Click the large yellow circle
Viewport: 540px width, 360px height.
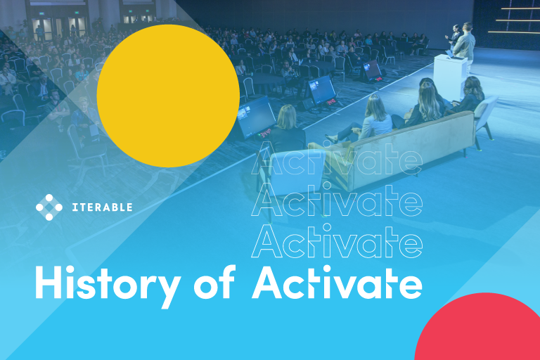click(x=168, y=96)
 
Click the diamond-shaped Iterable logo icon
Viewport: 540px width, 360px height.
click(x=49, y=207)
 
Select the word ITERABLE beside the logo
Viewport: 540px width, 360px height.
click(x=102, y=207)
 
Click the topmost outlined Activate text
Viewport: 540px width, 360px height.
click(x=337, y=159)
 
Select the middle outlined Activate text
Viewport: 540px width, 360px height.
click(x=337, y=200)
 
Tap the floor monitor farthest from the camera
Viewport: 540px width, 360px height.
click(x=372, y=68)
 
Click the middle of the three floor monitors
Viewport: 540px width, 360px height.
click(x=322, y=89)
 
